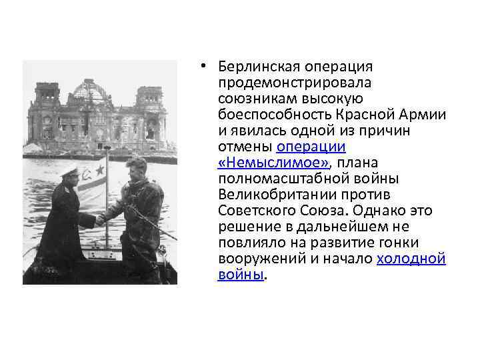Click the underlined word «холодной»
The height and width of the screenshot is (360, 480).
point(411,258)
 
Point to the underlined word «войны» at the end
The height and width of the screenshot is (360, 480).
point(240,274)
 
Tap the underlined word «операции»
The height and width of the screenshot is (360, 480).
point(311,146)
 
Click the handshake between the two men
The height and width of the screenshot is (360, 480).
point(99,219)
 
